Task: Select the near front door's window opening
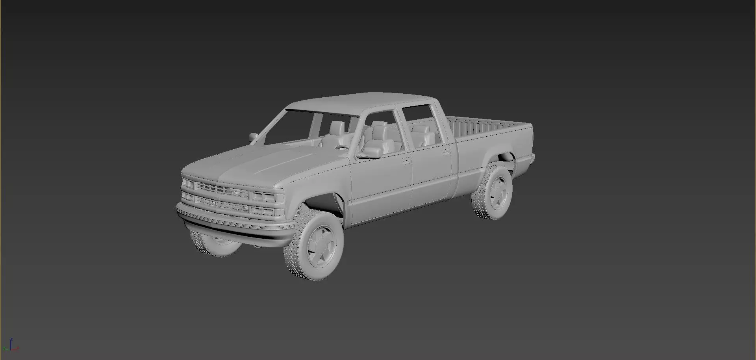click(x=380, y=132)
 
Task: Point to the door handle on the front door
click(x=405, y=161)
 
